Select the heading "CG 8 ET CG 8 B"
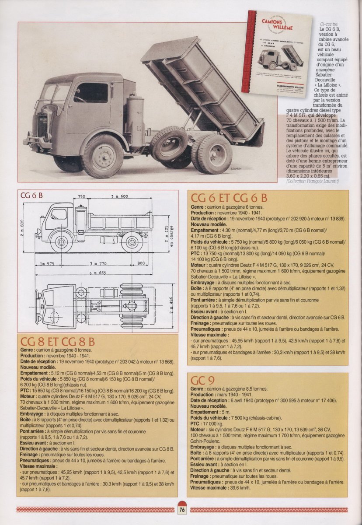58,342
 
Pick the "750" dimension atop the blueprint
81,196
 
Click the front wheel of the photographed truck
102,157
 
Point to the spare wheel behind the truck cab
169,144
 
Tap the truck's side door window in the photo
90,93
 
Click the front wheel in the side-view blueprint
61,242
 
